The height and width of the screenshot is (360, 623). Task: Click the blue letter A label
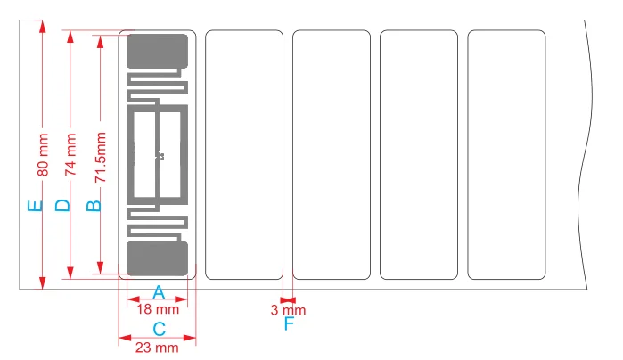pyautogui.click(x=159, y=291)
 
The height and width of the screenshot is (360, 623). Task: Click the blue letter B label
pyautogui.click(x=92, y=206)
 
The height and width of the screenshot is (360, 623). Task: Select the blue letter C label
pyautogui.click(x=159, y=329)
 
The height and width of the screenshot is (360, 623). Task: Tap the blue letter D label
pyautogui.click(x=61, y=206)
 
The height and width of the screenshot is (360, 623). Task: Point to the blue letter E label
pyautogui.click(x=35, y=207)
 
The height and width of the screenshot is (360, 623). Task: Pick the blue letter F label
pyautogui.click(x=289, y=324)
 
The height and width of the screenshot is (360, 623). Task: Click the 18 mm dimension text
pyautogui.click(x=159, y=309)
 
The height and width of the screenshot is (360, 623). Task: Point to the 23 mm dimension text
pyautogui.click(x=159, y=348)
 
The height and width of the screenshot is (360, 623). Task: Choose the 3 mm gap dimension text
pyautogui.click(x=288, y=310)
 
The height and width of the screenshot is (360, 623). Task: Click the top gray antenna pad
pyautogui.click(x=158, y=51)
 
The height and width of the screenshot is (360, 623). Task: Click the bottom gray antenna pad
pyautogui.click(x=158, y=258)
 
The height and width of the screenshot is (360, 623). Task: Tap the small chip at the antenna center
pyautogui.click(x=161, y=156)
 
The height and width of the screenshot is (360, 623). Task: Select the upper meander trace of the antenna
pyautogui.click(x=159, y=87)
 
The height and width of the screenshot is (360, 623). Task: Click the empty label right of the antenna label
pyautogui.click(x=244, y=155)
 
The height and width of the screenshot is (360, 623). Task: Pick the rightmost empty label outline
pyautogui.click(x=506, y=155)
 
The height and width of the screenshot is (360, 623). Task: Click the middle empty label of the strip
pyautogui.click(x=332, y=155)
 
